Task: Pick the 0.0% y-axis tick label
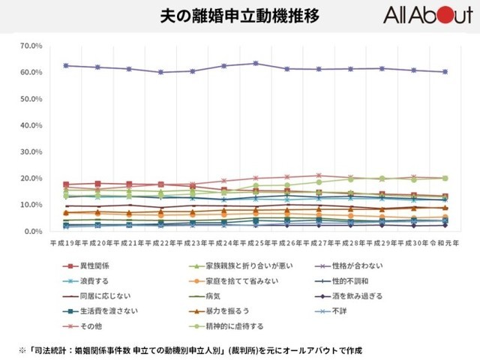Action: pyautogui.click(x=33, y=231)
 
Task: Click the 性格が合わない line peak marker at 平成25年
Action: pyautogui.click(x=256, y=63)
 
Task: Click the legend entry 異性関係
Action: pyautogui.click(x=93, y=265)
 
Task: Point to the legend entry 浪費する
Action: pyautogui.click(x=90, y=280)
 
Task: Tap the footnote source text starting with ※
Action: pyautogui.click(x=191, y=349)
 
